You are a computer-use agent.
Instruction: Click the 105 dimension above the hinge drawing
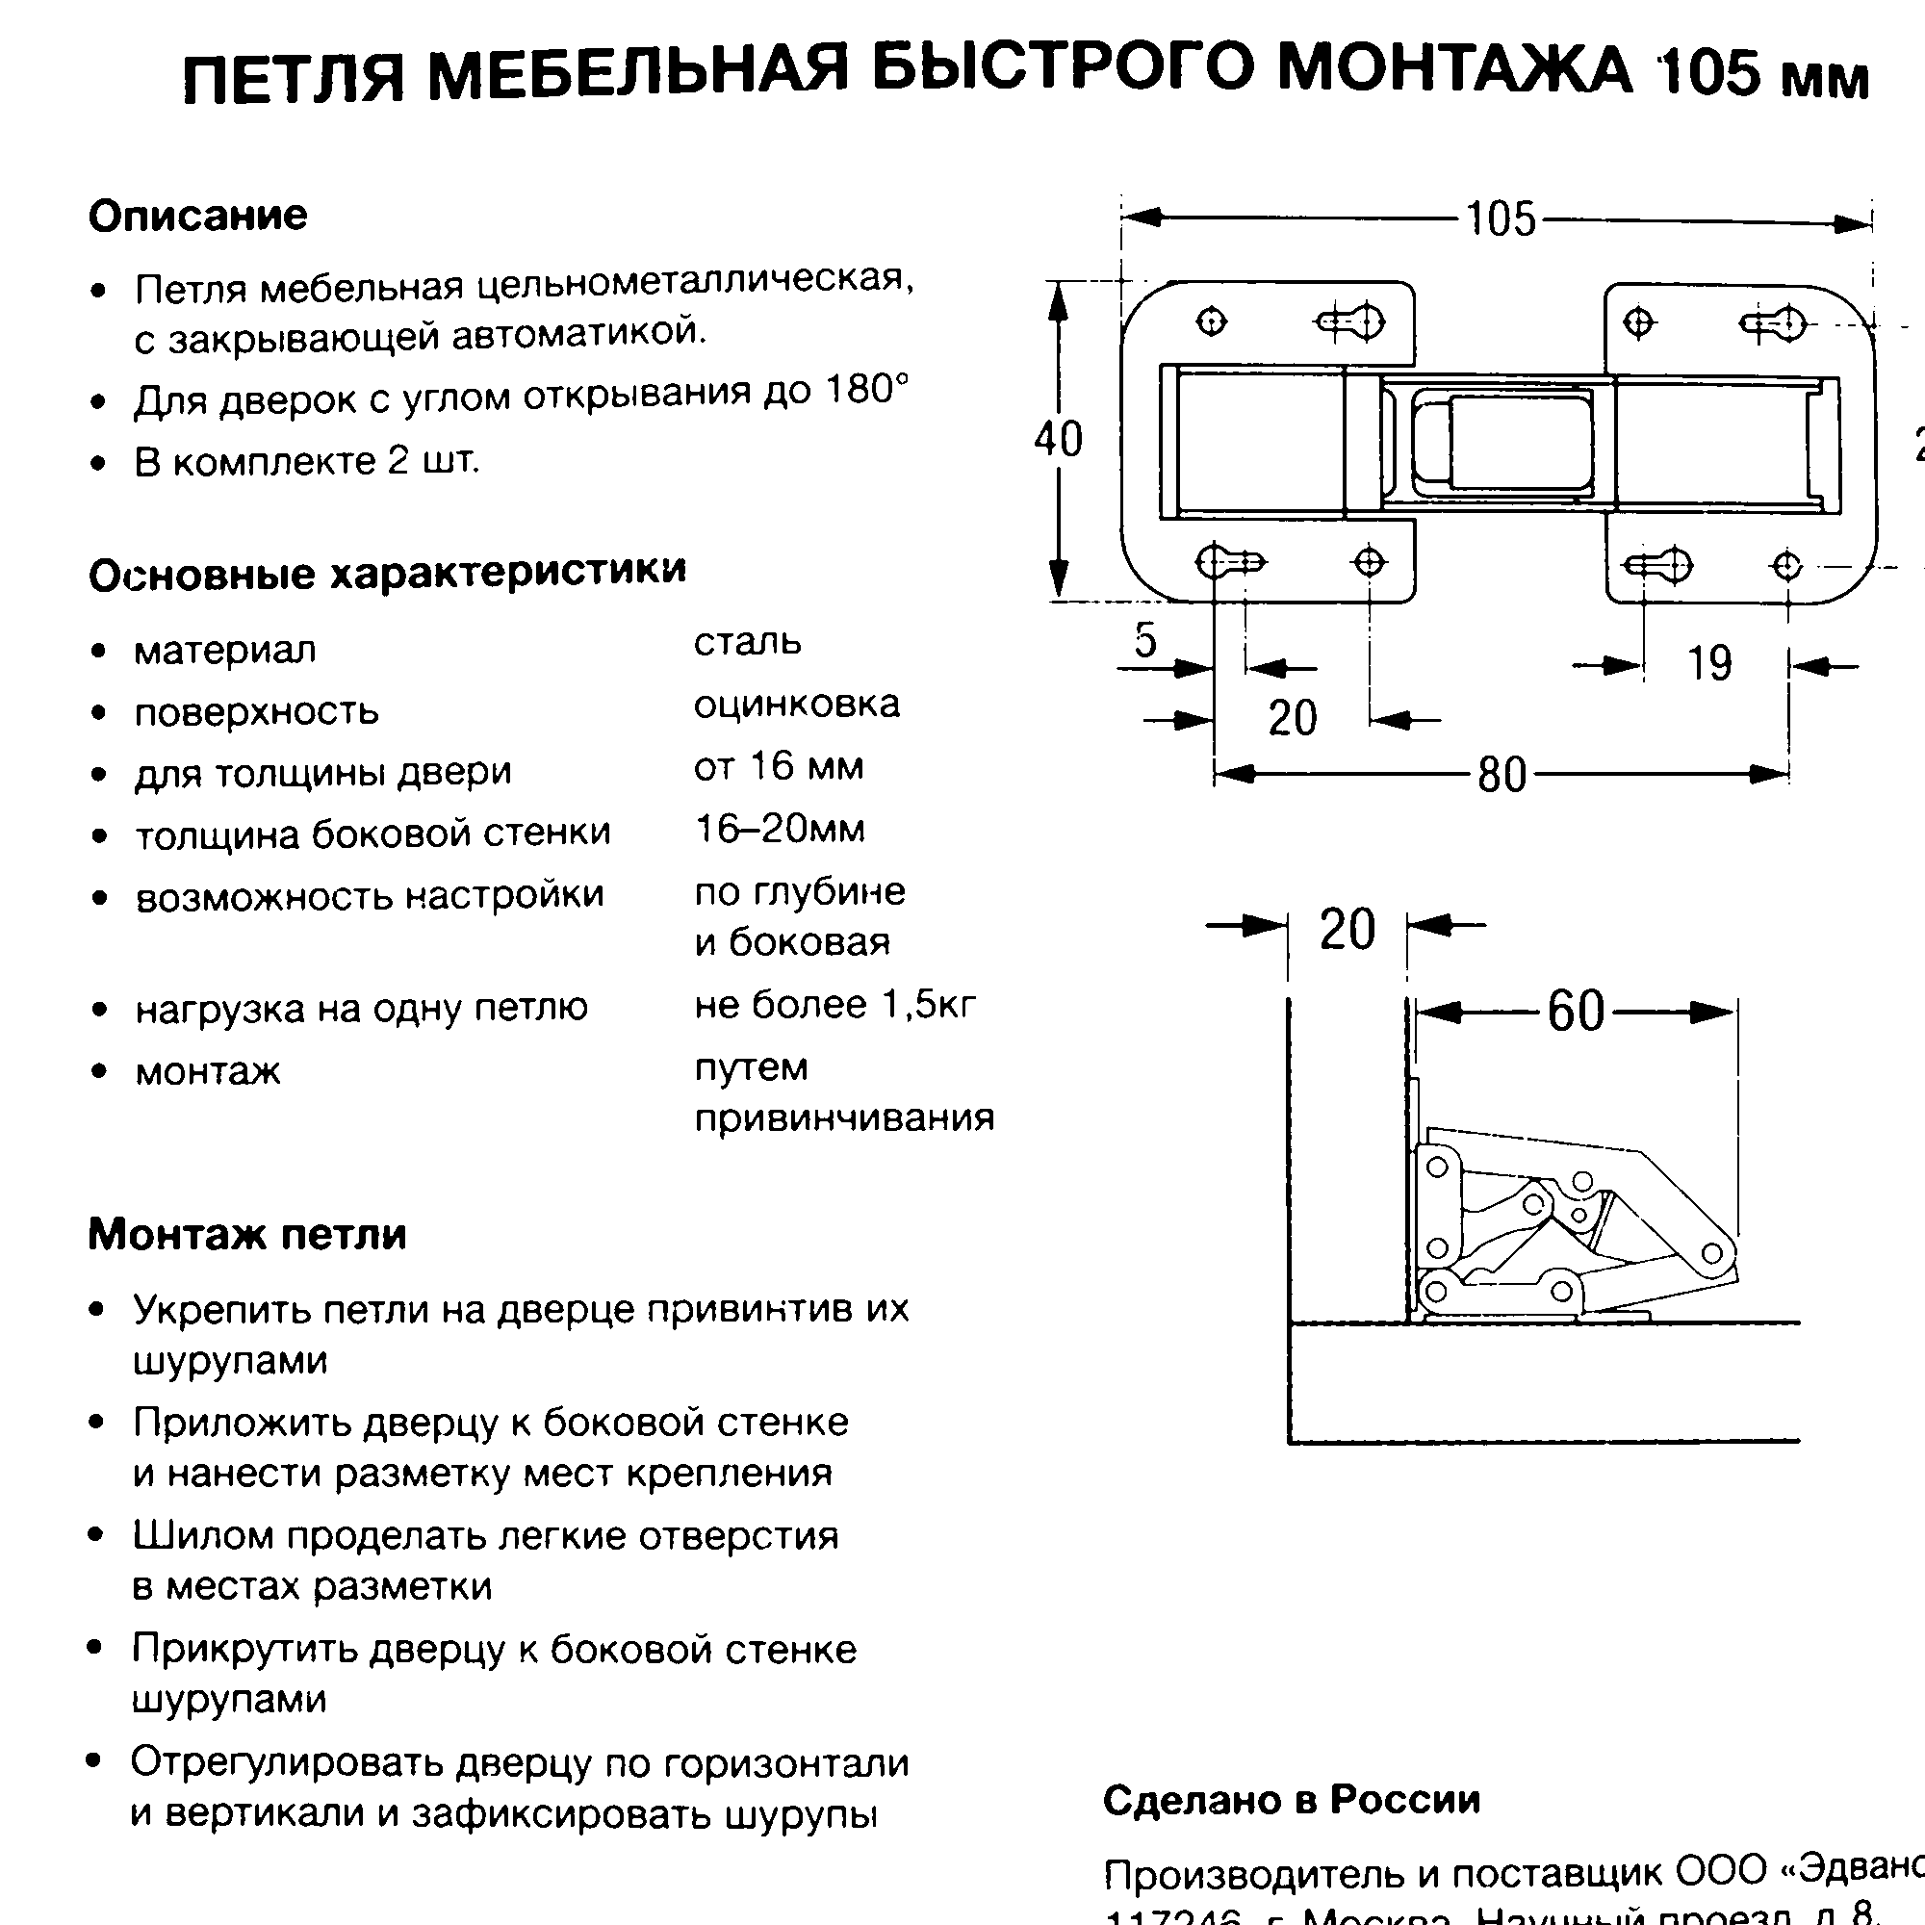(x=1501, y=219)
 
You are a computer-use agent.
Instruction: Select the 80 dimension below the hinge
(x=1501, y=774)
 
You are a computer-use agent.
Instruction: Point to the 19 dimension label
(x=1708, y=663)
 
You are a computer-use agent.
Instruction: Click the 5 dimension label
(x=1145, y=640)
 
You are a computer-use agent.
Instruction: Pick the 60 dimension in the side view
(x=1576, y=1012)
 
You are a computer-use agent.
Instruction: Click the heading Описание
(x=198, y=216)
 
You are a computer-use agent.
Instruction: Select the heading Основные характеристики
(x=388, y=572)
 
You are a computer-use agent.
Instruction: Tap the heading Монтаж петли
(x=247, y=1235)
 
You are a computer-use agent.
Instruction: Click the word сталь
(x=747, y=643)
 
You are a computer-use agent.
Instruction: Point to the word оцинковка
(x=797, y=705)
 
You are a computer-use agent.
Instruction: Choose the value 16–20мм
(x=781, y=829)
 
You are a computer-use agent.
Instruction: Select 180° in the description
(x=867, y=390)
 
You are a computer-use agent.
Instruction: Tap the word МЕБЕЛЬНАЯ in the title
(x=639, y=75)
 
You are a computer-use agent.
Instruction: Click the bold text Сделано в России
(x=1292, y=1800)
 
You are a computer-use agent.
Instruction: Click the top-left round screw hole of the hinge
(x=1212, y=321)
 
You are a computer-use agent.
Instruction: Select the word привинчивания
(x=844, y=1117)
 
